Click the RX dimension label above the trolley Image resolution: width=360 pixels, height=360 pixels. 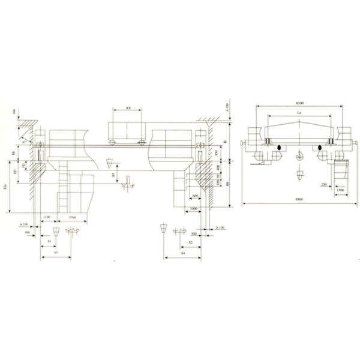[128, 109]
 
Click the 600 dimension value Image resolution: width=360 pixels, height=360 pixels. [195, 196]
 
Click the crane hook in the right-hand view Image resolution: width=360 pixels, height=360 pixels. [298, 155]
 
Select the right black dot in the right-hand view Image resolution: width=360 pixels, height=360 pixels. [320, 146]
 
